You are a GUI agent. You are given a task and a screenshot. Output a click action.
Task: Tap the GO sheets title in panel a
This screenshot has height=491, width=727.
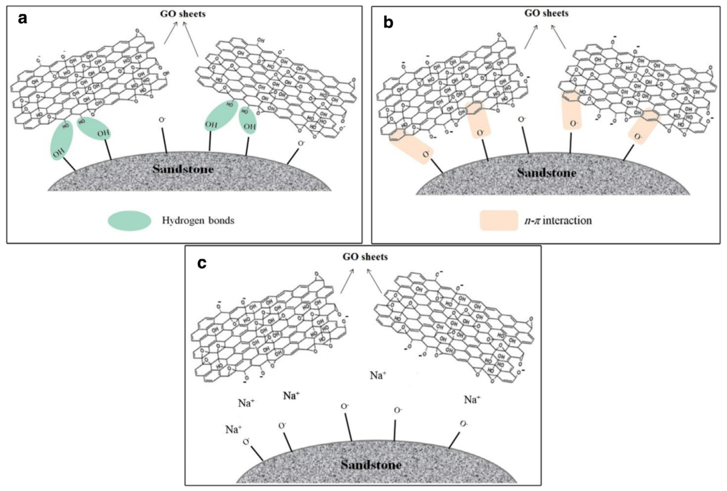(183, 14)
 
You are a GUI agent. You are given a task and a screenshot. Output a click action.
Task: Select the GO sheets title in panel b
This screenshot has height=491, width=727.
(546, 13)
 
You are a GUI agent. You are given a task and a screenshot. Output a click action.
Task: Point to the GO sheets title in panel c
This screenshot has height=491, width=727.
(365, 257)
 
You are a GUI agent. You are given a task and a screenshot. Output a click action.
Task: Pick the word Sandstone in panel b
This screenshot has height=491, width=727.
(546, 173)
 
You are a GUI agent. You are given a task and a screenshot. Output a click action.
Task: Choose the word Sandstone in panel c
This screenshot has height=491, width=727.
(371, 465)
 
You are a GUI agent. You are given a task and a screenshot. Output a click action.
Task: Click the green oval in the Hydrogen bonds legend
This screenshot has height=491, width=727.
(130, 221)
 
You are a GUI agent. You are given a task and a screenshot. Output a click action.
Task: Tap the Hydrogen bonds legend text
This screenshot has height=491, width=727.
(198, 221)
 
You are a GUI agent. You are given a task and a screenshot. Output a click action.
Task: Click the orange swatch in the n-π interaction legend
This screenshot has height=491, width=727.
(499, 221)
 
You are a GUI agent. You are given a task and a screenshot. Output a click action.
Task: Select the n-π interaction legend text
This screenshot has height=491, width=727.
(558, 221)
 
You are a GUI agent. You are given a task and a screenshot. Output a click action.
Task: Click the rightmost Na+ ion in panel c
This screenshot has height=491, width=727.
(472, 399)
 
